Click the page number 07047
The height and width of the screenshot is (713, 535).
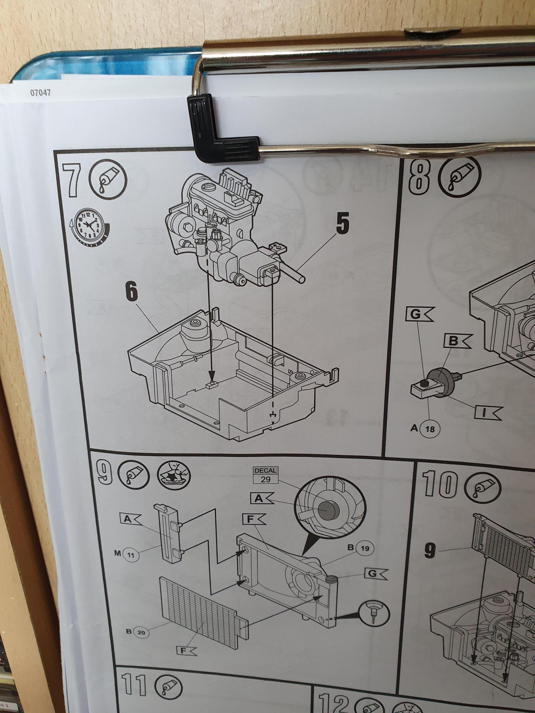pos(41,93)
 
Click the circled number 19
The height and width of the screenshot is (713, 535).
pos(365,548)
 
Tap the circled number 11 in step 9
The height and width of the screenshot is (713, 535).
pos(131,555)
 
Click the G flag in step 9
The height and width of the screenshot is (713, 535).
pos(376,573)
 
